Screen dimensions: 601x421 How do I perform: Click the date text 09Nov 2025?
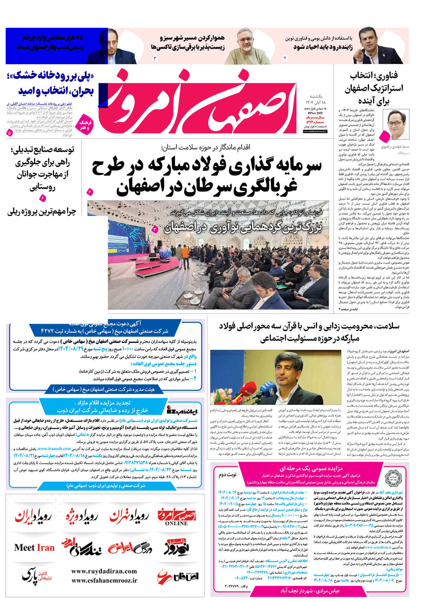click(315, 113)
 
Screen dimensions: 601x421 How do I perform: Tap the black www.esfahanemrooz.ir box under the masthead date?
click(315, 131)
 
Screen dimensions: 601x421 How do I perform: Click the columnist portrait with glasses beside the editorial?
click(396, 125)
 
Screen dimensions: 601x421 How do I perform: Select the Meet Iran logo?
click(34, 548)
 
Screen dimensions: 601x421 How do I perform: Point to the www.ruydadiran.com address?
click(104, 571)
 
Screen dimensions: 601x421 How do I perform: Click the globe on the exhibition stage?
click(165, 253)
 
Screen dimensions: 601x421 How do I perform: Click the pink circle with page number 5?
click(9, 133)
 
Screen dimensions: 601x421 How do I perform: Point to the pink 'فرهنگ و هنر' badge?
click(85, 125)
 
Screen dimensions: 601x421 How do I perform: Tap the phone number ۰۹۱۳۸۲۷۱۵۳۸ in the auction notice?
click(129, 463)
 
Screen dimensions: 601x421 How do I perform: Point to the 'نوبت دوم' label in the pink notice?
click(228, 475)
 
